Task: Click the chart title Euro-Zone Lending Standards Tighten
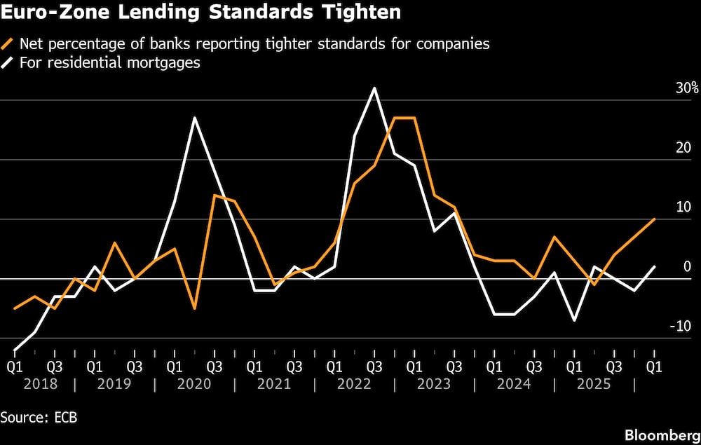coord(200,13)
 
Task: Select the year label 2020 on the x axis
coord(195,384)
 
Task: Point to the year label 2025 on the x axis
coord(593,384)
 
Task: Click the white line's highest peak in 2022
coord(374,88)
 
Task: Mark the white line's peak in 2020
coord(194,118)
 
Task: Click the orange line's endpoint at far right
coord(654,219)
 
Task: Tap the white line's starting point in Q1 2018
coord(15,349)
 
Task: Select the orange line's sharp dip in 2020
coord(194,308)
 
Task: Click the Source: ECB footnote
coord(39,418)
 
